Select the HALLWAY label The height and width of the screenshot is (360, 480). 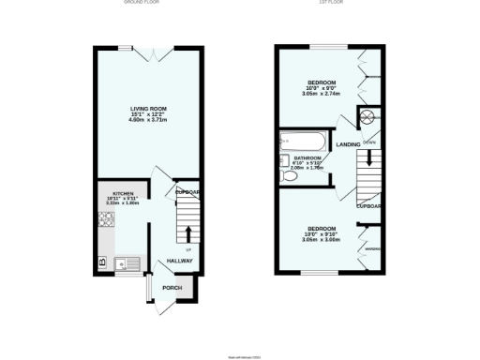[x=179, y=262]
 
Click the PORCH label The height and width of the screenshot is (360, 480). [x=172, y=288]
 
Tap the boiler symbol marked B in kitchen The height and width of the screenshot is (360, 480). [x=102, y=262]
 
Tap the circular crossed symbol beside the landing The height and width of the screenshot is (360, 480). [x=368, y=116]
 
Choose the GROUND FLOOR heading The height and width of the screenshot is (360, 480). [x=142, y=3]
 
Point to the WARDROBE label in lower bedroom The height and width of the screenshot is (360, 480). [x=372, y=247]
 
